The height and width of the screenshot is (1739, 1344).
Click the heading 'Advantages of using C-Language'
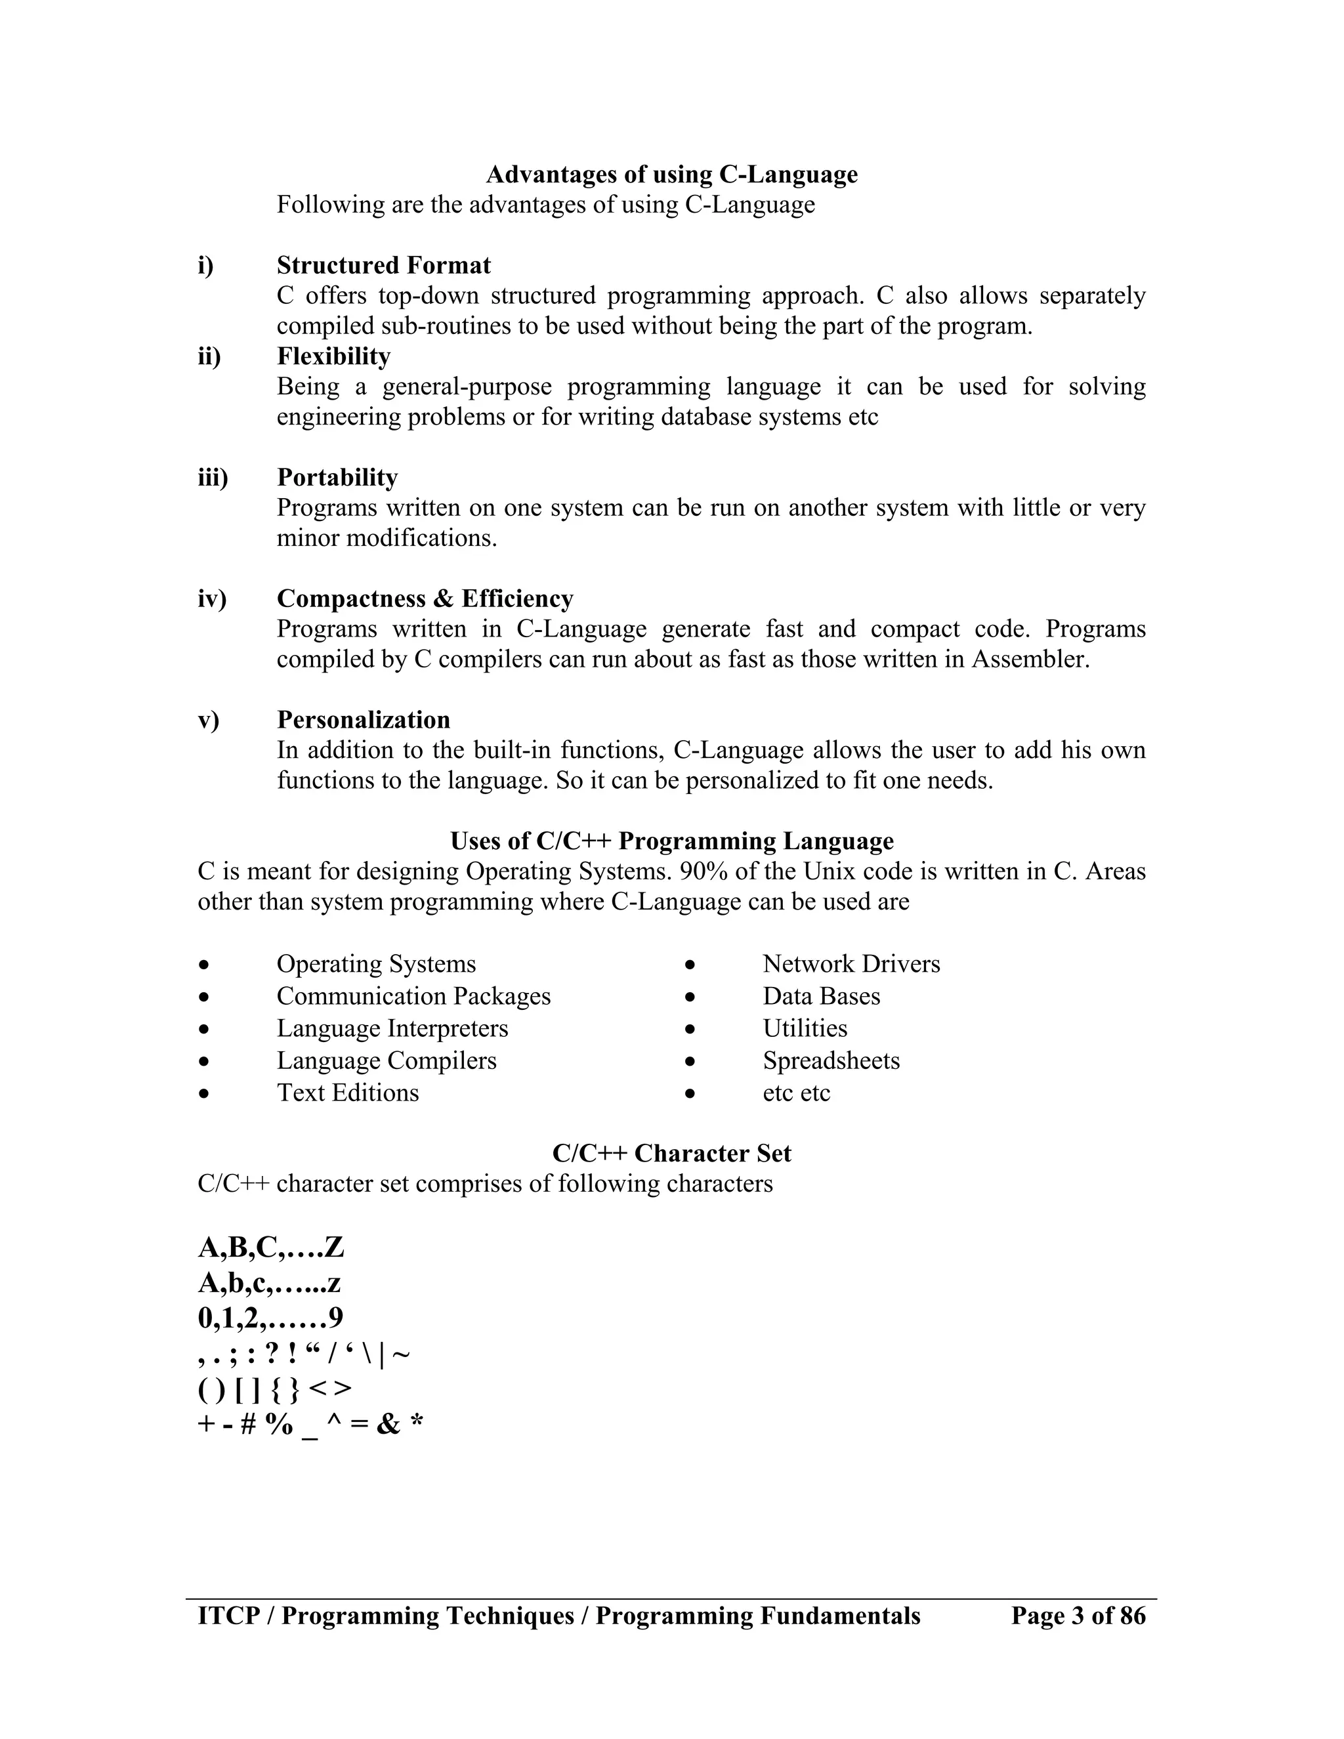[x=671, y=175]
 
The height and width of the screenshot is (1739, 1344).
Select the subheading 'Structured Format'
[x=383, y=265]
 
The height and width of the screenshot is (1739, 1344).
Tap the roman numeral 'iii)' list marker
[x=213, y=478]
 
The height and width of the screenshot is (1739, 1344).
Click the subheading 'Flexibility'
[x=333, y=356]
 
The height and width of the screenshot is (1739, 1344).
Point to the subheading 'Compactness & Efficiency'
[x=425, y=598]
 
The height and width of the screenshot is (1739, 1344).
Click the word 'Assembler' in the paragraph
[x=1029, y=660]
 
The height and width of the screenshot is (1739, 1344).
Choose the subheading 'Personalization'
[x=363, y=720]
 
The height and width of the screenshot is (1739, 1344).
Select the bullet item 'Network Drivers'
[x=850, y=964]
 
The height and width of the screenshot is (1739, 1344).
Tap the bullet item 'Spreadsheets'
[x=830, y=1060]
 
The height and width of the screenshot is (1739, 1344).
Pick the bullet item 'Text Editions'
[x=347, y=1093]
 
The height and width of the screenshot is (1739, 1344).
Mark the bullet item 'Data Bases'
[x=821, y=996]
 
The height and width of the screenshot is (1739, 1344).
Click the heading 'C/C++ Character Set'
[x=671, y=1153]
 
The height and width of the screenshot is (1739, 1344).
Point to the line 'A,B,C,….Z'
[x=271, y=1247]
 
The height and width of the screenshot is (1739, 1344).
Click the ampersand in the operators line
[x=388, y=1425]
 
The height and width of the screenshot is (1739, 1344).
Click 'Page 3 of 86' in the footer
[x=1078, y=1616]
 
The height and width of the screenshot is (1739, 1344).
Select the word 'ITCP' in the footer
[x=228, y=1616]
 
